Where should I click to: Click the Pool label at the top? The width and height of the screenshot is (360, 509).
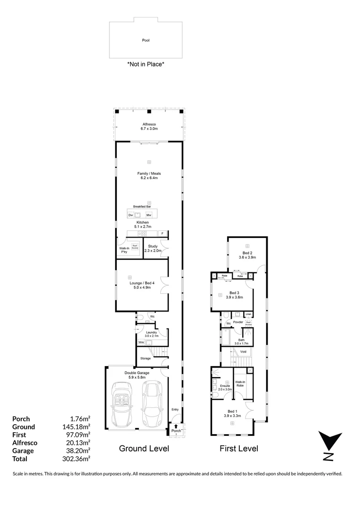click(x=146, y=41)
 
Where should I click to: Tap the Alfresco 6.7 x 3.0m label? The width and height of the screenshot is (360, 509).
click(x=149, y=126)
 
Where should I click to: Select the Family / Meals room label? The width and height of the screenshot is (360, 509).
click(x=149, y=176)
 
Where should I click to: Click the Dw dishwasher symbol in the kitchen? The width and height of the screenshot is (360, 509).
click(x=131, y=215)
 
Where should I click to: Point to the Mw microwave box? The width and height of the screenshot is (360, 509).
click(x=148, y=215)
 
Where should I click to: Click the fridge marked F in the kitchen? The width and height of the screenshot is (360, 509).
click(x=163, y=233)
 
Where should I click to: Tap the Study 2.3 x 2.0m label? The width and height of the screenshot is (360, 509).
click(x=153, y=248)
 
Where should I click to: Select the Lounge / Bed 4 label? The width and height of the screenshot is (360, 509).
click(x=139, y=284)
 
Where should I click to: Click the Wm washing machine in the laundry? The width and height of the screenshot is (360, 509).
click(x=141, y=342)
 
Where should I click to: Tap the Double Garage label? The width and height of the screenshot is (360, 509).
click(x=137, y=375)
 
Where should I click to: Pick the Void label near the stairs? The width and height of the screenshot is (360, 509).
click(x=243, y=352)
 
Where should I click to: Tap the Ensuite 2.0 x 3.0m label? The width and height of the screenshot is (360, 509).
click(x=226, y=387)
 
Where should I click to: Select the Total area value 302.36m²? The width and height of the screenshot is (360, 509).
click(x=79, y=459)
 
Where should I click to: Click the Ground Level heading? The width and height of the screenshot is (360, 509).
click(x=144, y=448)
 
